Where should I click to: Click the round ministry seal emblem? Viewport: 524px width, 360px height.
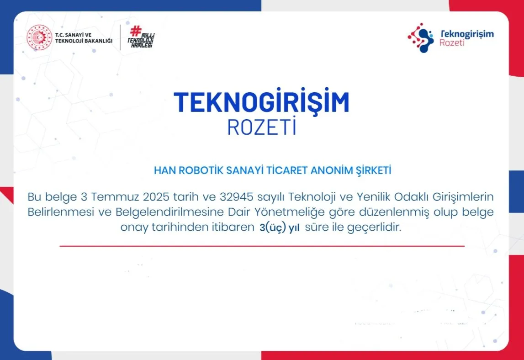[x=39, y=37]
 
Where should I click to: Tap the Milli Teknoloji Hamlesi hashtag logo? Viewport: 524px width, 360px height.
[x=141, y=37]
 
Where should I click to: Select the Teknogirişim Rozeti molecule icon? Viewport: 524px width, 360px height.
[x=420, y=38]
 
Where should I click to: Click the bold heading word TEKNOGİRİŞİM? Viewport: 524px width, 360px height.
[x=261, y=102]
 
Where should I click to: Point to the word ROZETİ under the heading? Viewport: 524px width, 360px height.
[x=262, y=127]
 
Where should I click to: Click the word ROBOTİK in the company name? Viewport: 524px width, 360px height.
[x=194, y=171]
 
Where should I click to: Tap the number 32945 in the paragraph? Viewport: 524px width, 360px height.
[x=237, y=197]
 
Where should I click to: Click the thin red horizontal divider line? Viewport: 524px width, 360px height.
[x=262, y=246]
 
